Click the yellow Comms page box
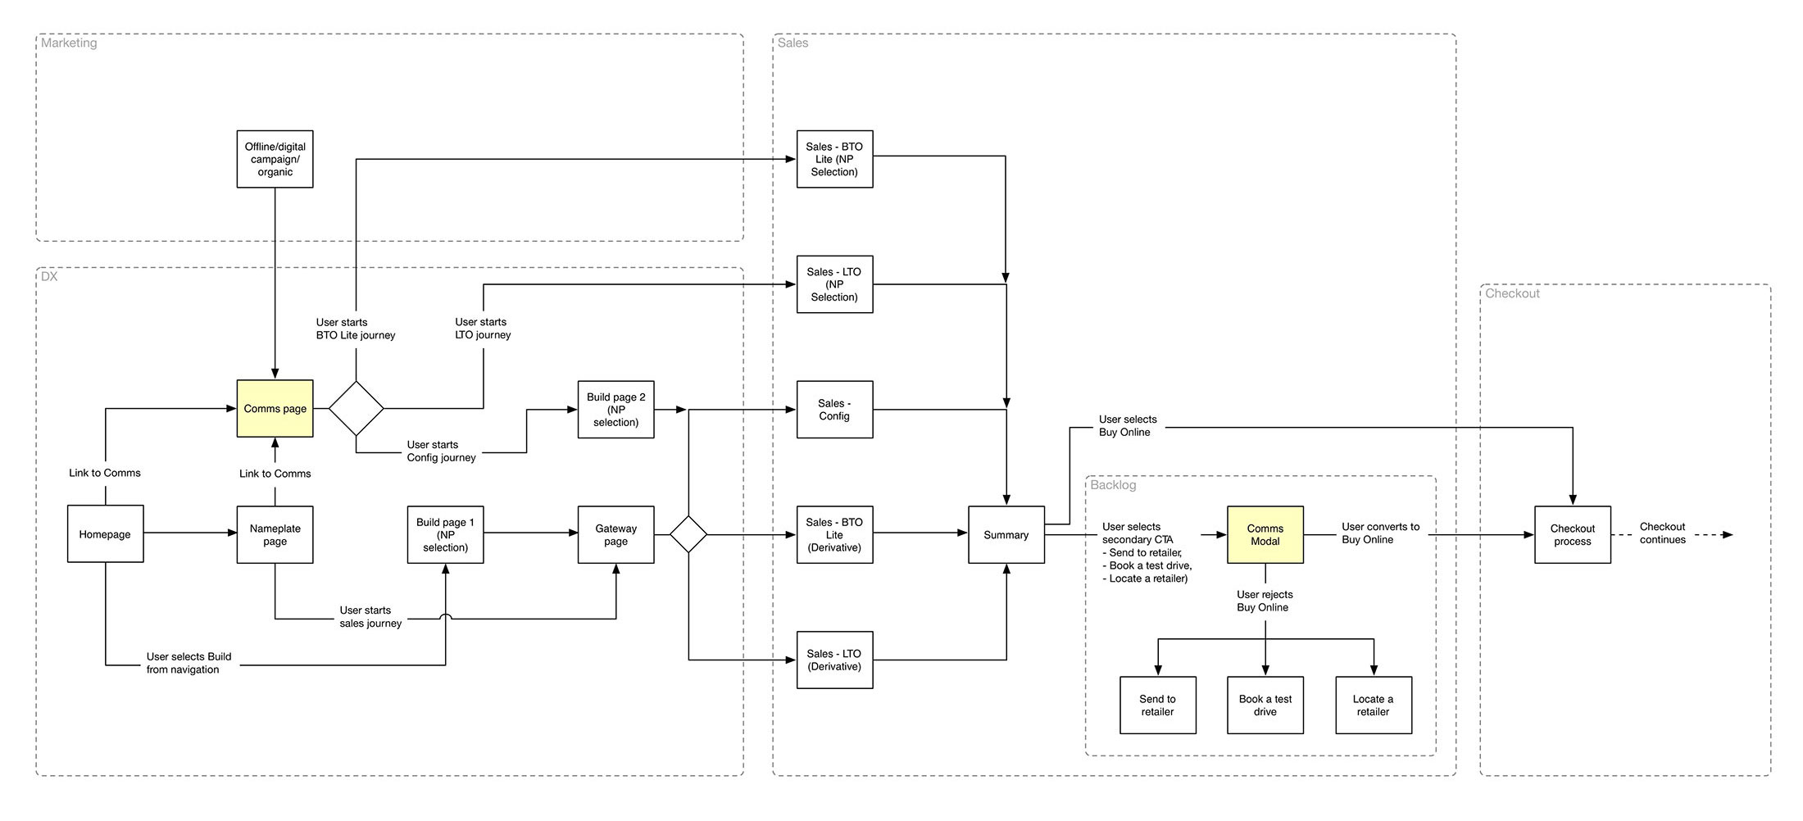275,408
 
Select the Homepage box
105,534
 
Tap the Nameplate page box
275,534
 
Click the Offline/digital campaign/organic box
275,159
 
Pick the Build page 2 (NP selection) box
615,409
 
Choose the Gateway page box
615,534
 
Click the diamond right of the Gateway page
688,534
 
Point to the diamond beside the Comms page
356,408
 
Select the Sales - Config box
834,409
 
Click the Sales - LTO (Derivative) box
834,660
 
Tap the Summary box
1006,534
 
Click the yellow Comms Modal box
1265,534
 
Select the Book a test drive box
1265,705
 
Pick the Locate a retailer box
1373,705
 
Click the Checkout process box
1572,534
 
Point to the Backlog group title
1113,485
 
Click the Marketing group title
69,43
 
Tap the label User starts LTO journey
483,329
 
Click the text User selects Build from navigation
188,663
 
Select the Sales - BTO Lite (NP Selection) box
834,159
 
